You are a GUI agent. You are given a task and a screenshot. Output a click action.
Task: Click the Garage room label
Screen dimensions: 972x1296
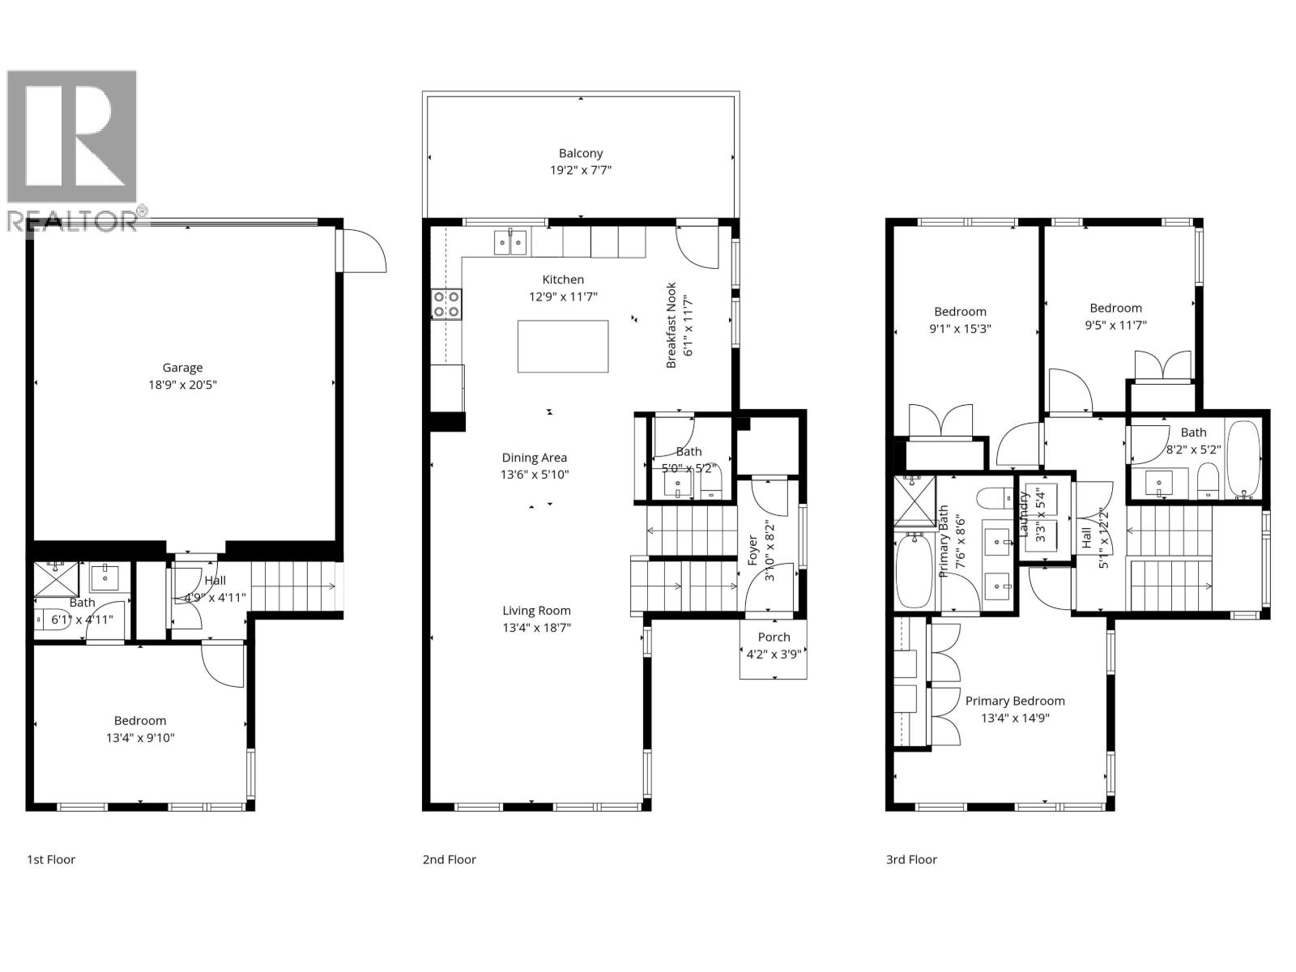pyautogui.click(x=182, y=368)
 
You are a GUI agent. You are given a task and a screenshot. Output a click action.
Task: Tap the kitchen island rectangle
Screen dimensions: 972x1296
pyautogui.click(x=563, y=347)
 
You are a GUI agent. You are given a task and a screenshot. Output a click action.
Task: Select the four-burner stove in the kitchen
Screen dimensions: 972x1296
pyautogui.click(x=446, y=304)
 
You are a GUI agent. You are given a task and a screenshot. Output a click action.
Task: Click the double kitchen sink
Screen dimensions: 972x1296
pyautogui.click(x=510, y=241)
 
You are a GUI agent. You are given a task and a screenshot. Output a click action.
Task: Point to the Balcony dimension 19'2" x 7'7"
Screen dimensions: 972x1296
pyautogui.click(x=581, y=171)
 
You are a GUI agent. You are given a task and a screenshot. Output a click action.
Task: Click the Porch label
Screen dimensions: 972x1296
pyautogui.click(x=774, y=637)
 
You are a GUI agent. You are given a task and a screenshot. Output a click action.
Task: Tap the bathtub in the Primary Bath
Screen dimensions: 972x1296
pyautogui.click(x=915, y=570)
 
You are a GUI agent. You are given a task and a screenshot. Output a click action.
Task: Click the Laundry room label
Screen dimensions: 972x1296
pyautogui.click(x=1023, y=515)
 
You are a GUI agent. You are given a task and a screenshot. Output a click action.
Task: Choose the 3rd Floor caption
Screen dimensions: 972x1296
pyautogui.click(x=911, y=859)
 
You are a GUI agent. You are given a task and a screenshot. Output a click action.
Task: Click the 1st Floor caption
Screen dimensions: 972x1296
pyautogui.click(x=51, y=859)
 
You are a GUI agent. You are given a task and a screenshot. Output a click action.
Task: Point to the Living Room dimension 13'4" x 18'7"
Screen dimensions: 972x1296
pyautogui.click(x=537, y=628)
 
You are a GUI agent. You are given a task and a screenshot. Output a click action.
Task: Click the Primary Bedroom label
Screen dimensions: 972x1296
pyautogui.click(x=1015, y=701)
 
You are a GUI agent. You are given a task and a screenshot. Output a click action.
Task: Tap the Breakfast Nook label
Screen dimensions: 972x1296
pyautogui.click(x=671, y=326)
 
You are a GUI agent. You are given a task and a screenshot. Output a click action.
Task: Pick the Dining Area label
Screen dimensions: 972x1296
pyautogui.click(x=535, y=458)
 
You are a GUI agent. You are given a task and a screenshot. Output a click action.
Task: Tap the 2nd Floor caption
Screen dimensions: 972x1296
pyautogui.click(x=450, y=859)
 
